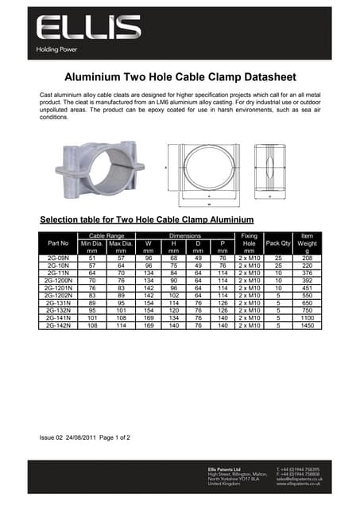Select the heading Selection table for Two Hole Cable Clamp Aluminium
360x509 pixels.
point(146,219)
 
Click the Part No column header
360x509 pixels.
point(59,243)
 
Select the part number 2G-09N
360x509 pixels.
point(59,258)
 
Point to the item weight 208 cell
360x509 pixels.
point(307,258)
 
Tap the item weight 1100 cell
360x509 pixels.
point(307,318)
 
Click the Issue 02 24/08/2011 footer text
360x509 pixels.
point(84,437)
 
